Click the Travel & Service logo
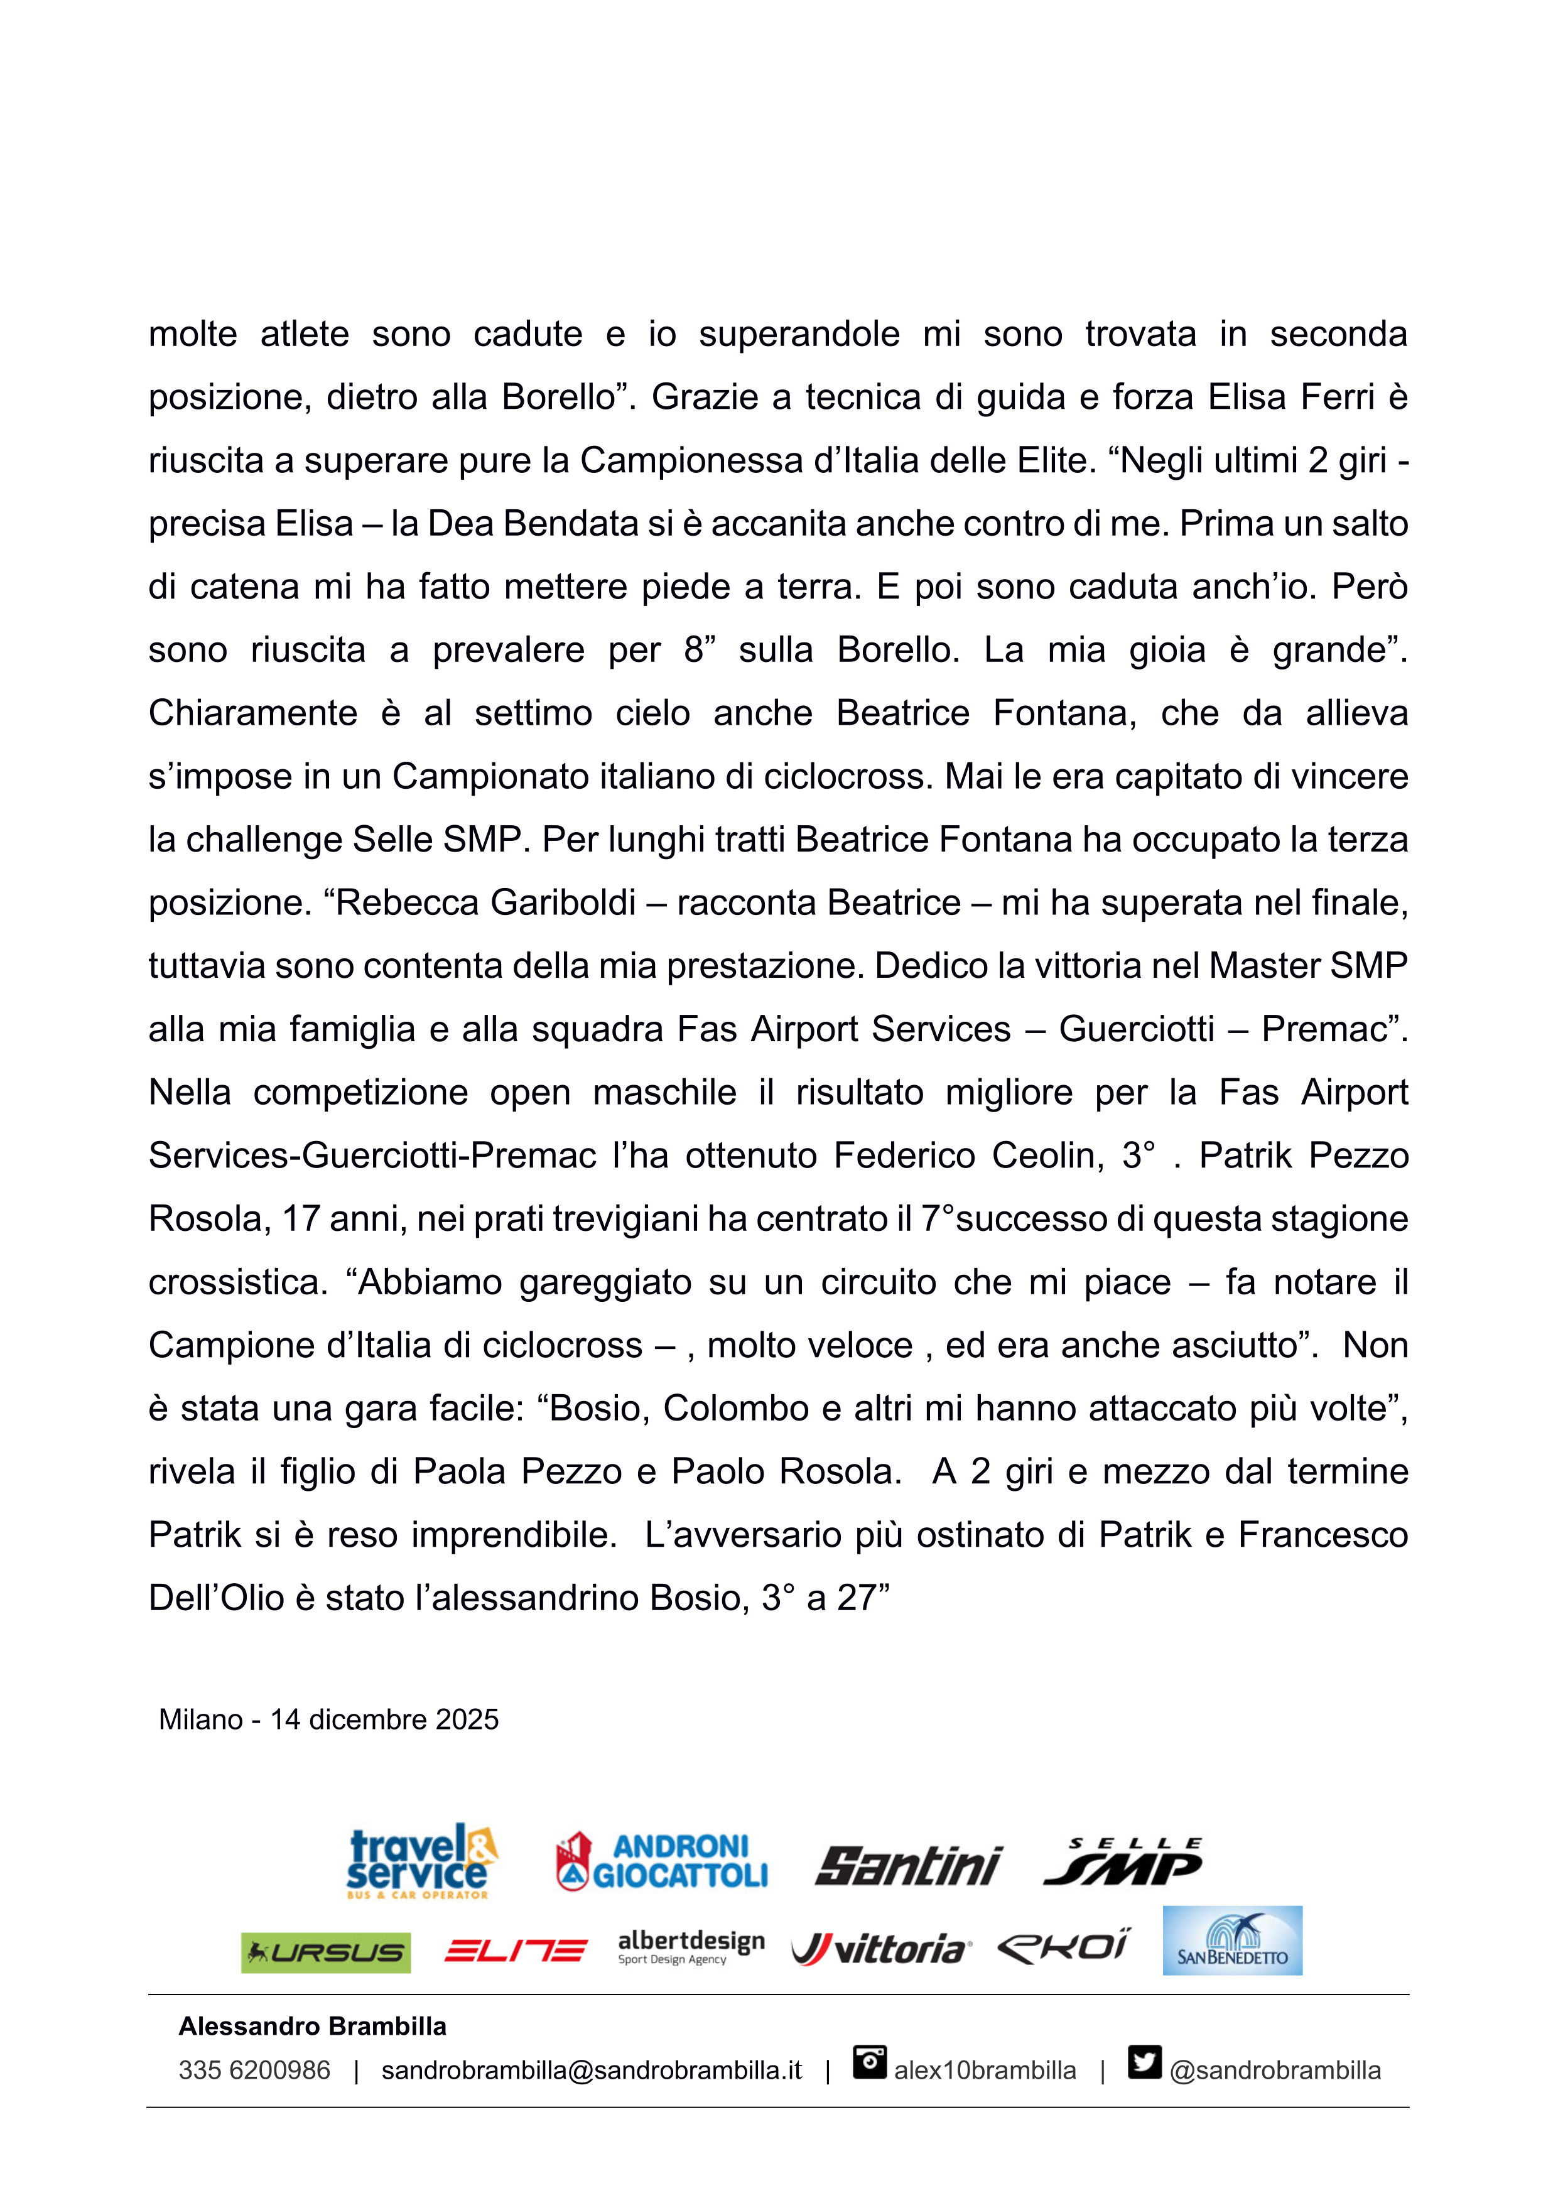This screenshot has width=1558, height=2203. pyautogui.click(x=421, y=1861)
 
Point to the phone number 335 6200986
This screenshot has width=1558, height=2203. pyautogui.click(x=254, y=2070)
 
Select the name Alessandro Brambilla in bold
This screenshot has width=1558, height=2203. pyautogui.click(x=312, y=2027)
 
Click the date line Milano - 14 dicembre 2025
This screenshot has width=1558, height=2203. pyautogui.click(x=328, y=1719)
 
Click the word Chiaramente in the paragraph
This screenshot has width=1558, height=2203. pyautogui.click(x=252, y=713)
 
